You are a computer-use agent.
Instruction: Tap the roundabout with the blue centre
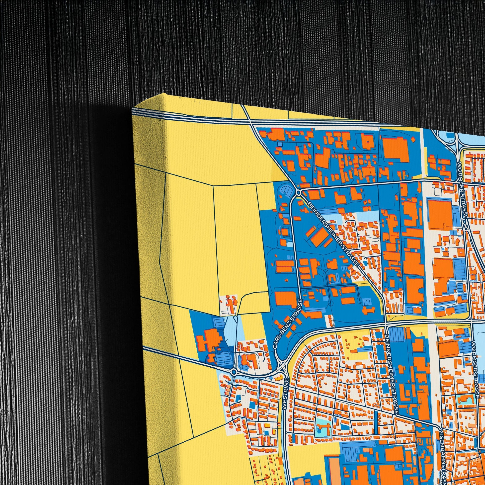tap(234, 372)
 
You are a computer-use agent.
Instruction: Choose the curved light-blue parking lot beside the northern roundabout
tap(286, 190)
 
